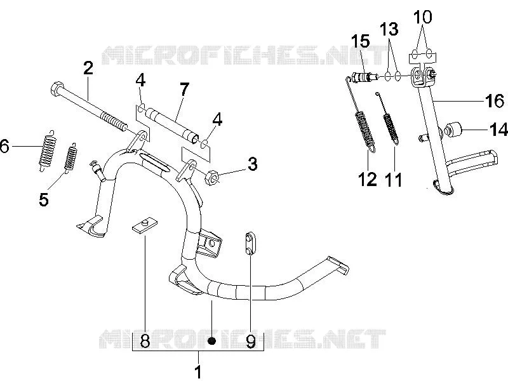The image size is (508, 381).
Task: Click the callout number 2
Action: [88, 68]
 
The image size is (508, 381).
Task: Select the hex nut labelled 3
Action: [211, 177]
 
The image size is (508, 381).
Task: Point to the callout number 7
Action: [184, 90]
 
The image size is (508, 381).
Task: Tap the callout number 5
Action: [44, 199]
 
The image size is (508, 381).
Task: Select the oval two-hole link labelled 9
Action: [251, 244]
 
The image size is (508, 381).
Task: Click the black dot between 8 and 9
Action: [211, 341]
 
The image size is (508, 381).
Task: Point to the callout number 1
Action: [198, 371]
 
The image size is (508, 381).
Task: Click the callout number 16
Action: [495, 101]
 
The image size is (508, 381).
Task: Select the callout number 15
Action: [361, 41]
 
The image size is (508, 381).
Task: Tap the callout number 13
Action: [389, 29]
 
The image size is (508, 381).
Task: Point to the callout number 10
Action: [422, 17]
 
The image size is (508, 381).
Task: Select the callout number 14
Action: [498, 130]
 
